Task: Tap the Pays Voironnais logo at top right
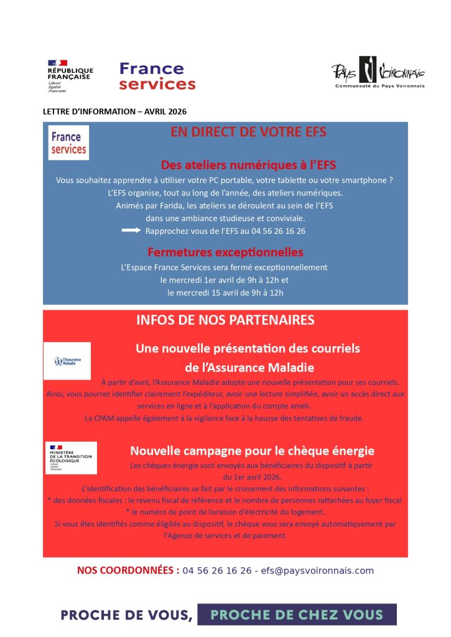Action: click(378, 73)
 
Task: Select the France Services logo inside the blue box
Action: click(68, 142)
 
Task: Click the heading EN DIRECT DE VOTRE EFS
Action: click(248, 132)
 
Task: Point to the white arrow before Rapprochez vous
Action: click(132, 230)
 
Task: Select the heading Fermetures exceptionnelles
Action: click(225, 252)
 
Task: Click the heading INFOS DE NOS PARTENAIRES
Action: click(225, 320)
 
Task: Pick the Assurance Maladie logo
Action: click(67, 361)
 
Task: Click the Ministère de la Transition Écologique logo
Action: click(71, 457)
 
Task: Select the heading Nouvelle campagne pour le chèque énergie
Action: click(252, 450)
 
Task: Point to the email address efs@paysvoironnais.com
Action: click(317, 570)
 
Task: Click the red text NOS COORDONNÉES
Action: click(128, 570)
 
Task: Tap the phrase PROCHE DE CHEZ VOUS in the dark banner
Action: click(297, 615)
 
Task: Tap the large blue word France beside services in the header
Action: click(151, 68)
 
